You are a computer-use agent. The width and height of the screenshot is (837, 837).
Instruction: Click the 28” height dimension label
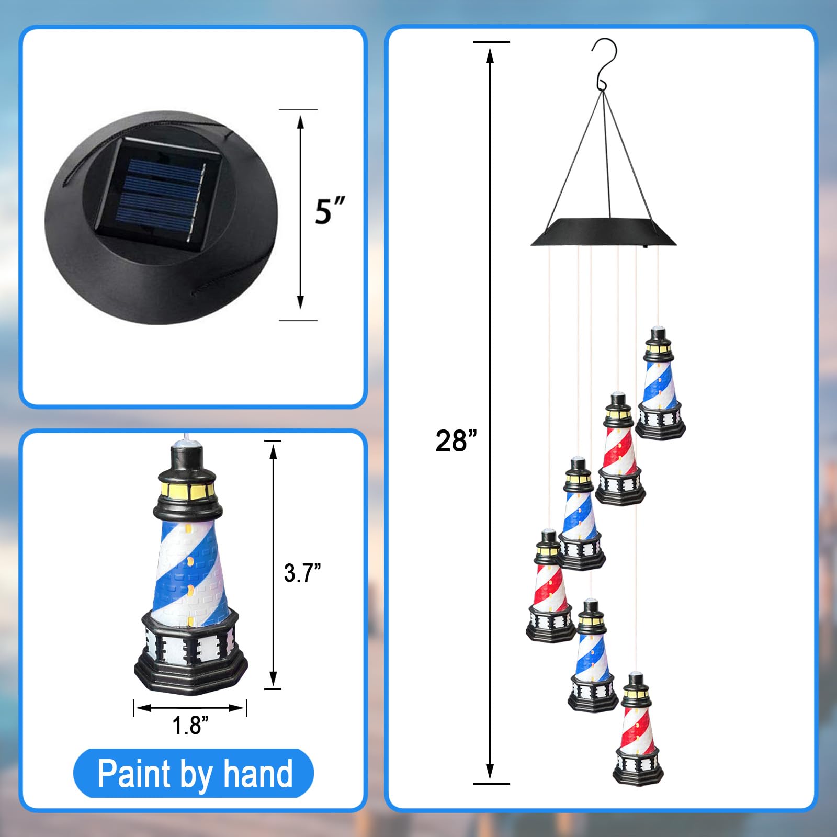[x=456, y=440]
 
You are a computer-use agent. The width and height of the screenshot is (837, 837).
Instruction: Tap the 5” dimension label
[x=330, y=211]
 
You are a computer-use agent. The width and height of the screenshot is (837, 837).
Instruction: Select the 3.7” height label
[x=302, y=573]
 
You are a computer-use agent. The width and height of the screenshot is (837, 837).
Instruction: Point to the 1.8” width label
[x=190, y=725]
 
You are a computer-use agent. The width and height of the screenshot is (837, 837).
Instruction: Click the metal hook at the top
[x=604, y=63]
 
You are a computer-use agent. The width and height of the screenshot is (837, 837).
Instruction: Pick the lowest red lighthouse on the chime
[x=638, y=729]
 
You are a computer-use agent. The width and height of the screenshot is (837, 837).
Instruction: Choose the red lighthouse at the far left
[x=550, y=586]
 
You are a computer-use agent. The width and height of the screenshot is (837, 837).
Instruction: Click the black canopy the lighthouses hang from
[x=603, y=232]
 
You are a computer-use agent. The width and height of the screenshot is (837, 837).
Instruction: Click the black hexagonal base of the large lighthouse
[x=191, y=654]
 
